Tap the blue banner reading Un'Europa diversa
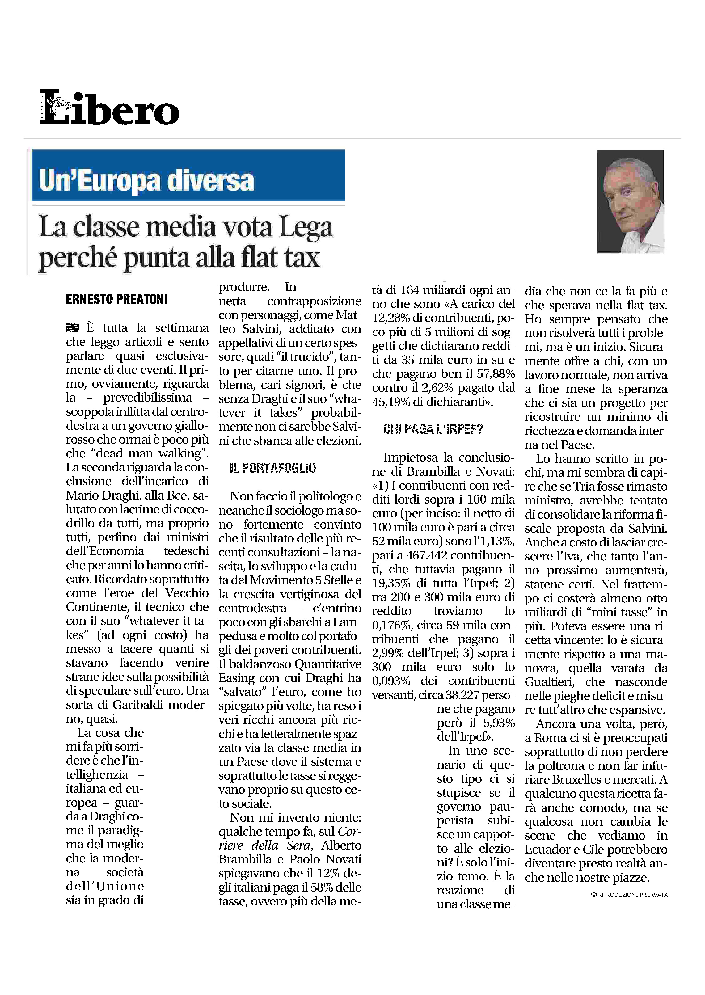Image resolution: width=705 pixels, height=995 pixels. [188, 175]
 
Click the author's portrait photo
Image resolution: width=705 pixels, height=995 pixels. [630, 201]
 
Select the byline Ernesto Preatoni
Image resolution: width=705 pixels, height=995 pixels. [116, 300]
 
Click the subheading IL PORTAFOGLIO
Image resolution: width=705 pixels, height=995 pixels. [272, 468]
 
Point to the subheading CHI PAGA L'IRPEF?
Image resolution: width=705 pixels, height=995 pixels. [433, 429]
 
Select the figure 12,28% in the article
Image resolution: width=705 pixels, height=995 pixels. [390, 318]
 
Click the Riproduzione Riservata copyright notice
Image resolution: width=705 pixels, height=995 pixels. [629, 895]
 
